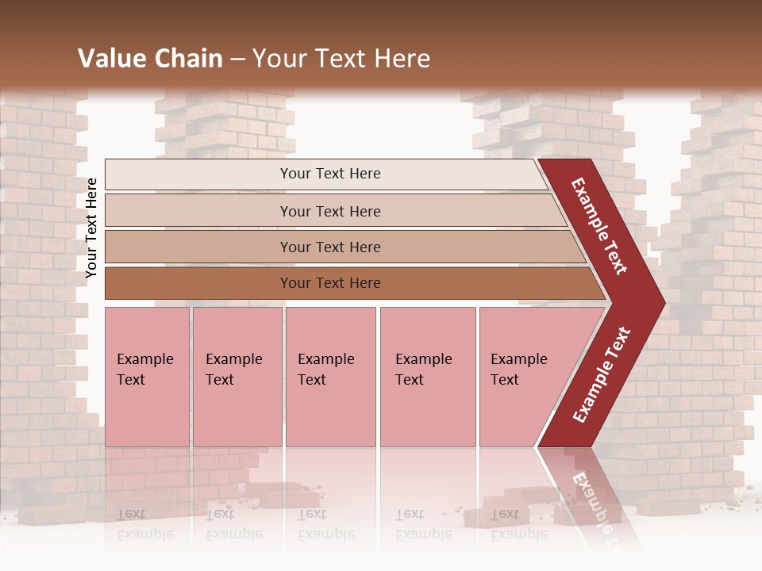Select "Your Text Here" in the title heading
pos(341,59)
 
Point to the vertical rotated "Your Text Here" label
pos(91,228)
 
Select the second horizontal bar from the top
pos(329,211)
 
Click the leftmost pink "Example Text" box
pos(147,377)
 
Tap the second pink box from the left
pos(237,377)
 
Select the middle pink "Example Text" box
pos(330,377)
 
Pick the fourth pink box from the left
pos(427,377)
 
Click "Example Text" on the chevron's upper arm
pos(599,225)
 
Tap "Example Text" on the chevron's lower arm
pos(602,374)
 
